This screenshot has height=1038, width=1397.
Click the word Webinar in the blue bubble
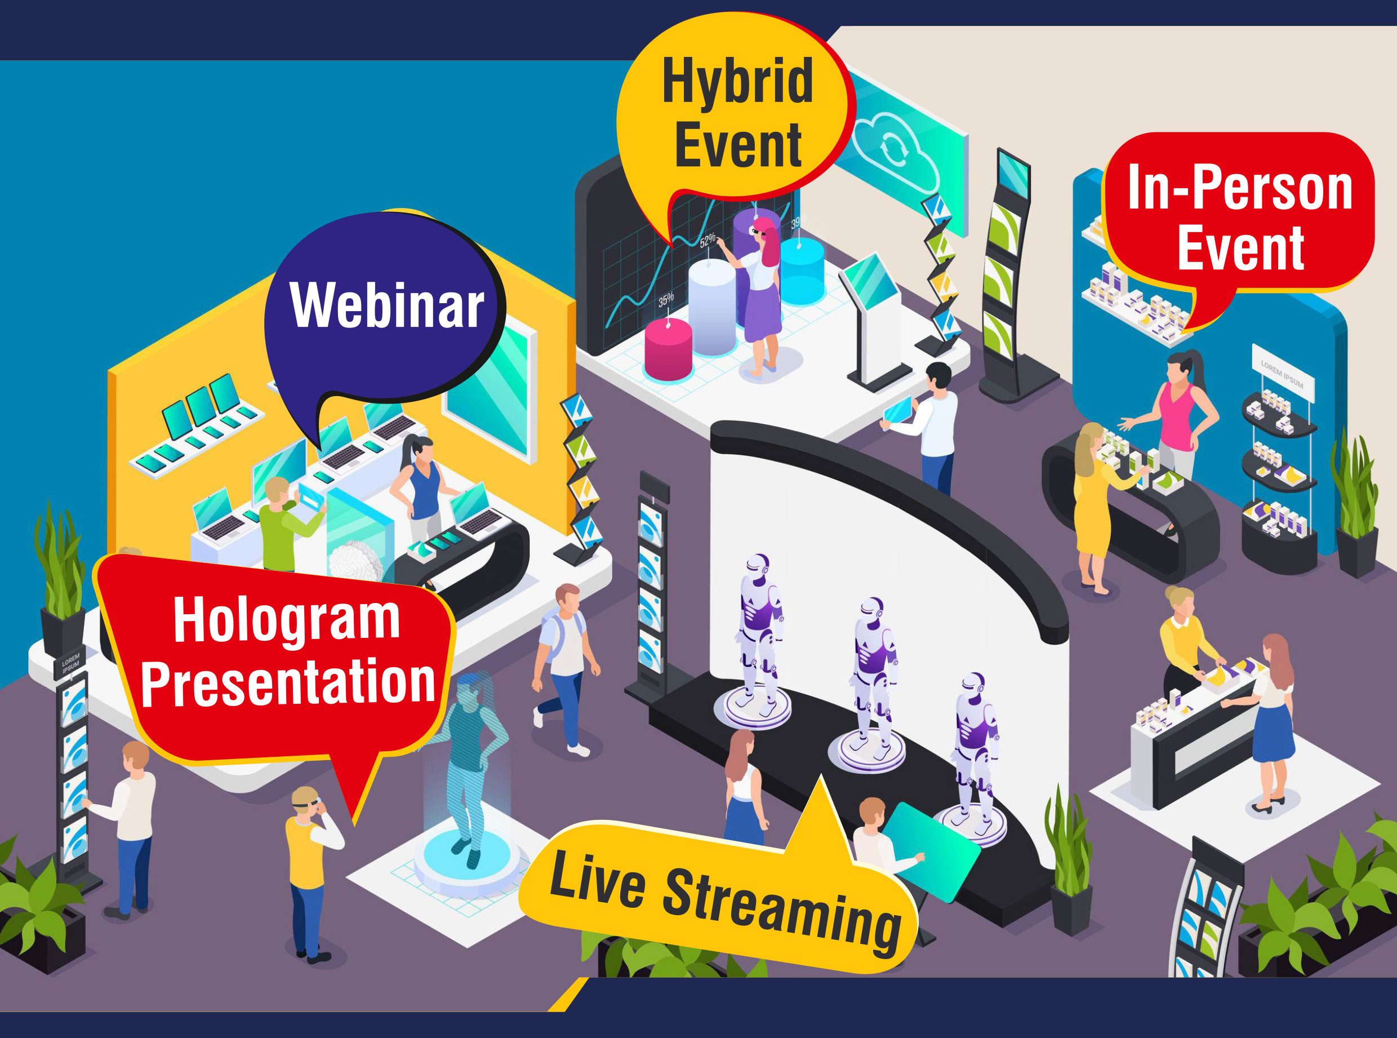(x=386, y=305)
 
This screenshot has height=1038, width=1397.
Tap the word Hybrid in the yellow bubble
(x=738, y=81)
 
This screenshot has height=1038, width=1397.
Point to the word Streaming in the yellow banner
(x=782, y=911)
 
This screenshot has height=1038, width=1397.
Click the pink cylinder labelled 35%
(x=668, y=349)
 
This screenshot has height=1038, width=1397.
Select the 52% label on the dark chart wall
(x=708, y=240)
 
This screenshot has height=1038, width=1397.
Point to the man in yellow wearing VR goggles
(x=312, y=874)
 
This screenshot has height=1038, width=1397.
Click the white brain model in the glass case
(x=355, y=560)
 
